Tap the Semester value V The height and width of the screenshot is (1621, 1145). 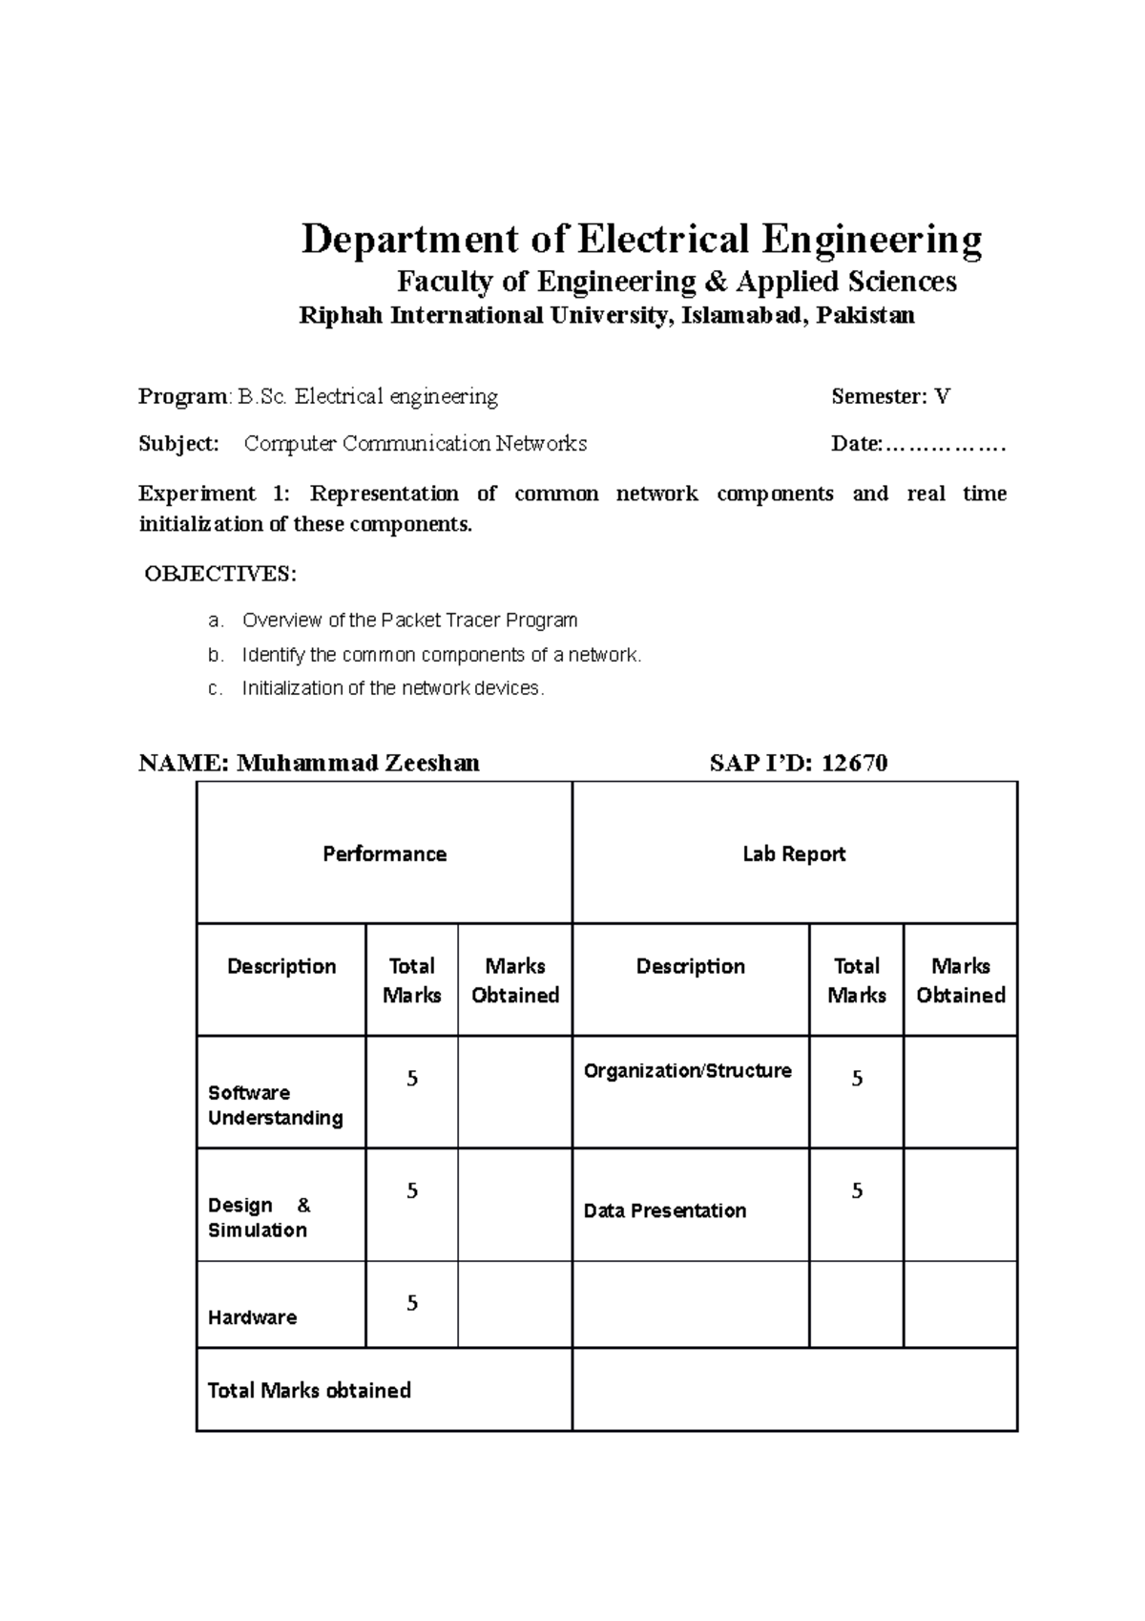(942, 396)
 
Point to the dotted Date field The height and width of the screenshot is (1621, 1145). (945, 444)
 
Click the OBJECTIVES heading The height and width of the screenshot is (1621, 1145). (220, 574)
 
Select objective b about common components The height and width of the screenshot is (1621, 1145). (442, 655)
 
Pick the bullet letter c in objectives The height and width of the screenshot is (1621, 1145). (214, 688)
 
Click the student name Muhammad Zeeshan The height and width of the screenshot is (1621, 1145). (358, 763)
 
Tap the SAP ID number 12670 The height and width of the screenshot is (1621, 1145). (854, 763)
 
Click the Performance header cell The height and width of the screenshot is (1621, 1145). (384, 853)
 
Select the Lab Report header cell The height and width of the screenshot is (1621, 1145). (794, 853)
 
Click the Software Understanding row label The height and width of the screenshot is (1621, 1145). (275, 1105)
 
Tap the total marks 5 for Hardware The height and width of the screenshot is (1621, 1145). (412, 1303)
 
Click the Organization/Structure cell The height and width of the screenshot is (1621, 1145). (687, 1071)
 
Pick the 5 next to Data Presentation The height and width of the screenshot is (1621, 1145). (857, 1190)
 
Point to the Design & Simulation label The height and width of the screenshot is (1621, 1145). (259, 1217)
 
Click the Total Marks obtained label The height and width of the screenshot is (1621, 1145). (309, 1390)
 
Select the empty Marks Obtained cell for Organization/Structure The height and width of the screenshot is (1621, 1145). (960, 1091)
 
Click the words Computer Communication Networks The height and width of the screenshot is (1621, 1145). (415, 444)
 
